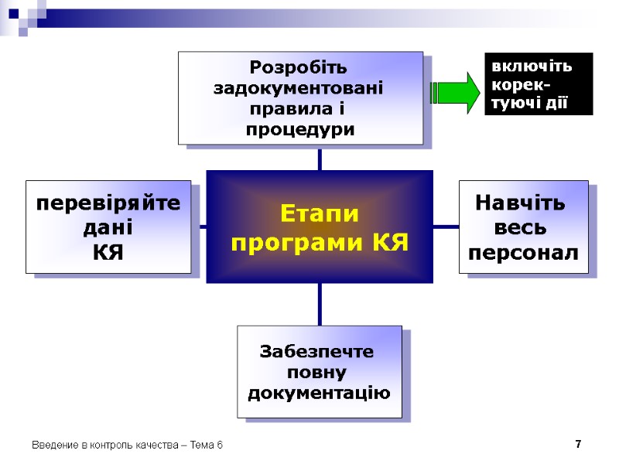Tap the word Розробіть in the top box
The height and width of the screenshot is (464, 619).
click(300, 67)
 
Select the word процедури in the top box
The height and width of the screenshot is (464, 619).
click(300, 128)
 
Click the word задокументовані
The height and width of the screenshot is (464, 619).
click(300, 87)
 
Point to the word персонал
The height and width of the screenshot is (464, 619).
click(524, 252)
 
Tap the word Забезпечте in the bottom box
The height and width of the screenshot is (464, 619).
click(317, 353)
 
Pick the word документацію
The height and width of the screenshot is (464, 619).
click(319, 393)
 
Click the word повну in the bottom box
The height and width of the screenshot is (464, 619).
click(318, 373)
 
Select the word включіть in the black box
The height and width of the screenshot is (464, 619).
click(532, 67)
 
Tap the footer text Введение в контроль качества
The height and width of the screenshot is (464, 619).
click(101, 446)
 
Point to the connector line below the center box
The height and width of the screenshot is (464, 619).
click(319, 304)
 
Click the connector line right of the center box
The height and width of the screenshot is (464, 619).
click(446, 227)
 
